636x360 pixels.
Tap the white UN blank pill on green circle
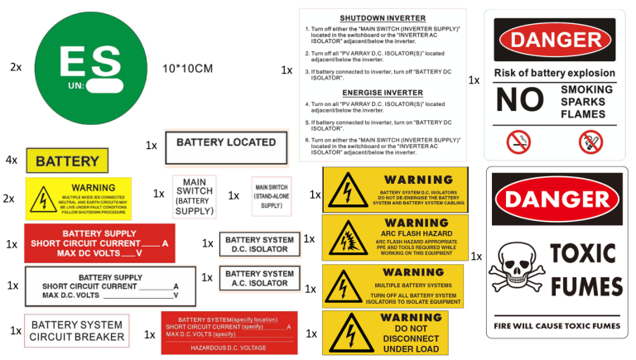point(106,85)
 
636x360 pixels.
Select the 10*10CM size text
point(187,68)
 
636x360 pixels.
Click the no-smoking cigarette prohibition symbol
point(518,142)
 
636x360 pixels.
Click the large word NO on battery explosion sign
point(519,100)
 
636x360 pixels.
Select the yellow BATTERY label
point(68,161)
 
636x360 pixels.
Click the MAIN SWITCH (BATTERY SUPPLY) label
point(195,197)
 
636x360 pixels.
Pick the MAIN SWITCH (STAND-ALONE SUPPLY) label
point(272,197)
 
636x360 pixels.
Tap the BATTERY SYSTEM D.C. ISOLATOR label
point(259,244)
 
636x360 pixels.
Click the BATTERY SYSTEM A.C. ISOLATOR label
point(259,278)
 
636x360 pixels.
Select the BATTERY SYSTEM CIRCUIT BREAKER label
point(77,331)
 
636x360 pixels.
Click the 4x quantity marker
point(12,160)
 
